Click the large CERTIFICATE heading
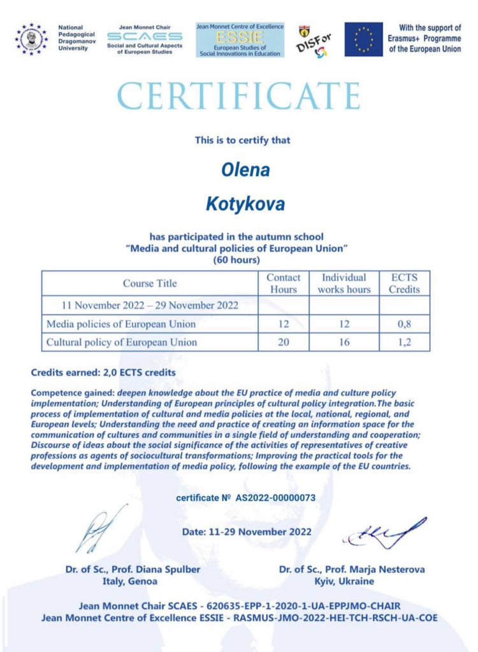(238, 97)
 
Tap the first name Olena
(245, 170)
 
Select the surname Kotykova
(245, 204)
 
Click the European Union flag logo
(363, 39)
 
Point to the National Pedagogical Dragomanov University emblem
(31, 39)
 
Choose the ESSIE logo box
(240, 39)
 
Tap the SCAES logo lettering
(145, 37)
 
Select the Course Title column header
(150, 283)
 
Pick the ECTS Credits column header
(405, 283)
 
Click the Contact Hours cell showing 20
(284, 342)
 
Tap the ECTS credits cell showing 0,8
(405, 324)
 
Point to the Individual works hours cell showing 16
(344, 342)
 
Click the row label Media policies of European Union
(121, 324)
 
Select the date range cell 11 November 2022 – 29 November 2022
(150, 306)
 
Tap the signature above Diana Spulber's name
(99, 528)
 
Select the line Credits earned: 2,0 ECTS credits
(103, 372)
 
